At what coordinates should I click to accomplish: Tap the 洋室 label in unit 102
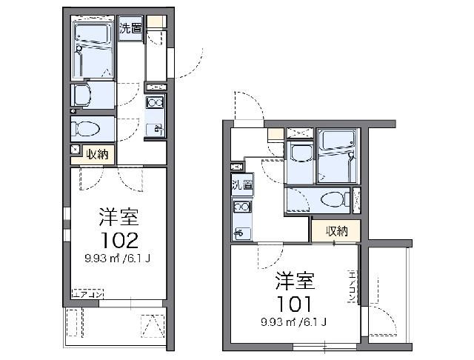[117, 218]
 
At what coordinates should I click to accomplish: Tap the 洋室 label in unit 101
[296, 281]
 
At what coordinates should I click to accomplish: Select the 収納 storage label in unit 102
[98, 154]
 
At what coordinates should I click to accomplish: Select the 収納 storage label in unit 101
[335, 231]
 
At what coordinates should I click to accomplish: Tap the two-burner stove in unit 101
[242, 207]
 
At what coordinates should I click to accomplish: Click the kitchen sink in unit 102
[156, 130]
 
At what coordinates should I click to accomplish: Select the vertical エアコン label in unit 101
[352, 287]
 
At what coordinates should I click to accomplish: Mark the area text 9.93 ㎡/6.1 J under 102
[117, 259]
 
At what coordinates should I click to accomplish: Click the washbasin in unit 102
[84, 94]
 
